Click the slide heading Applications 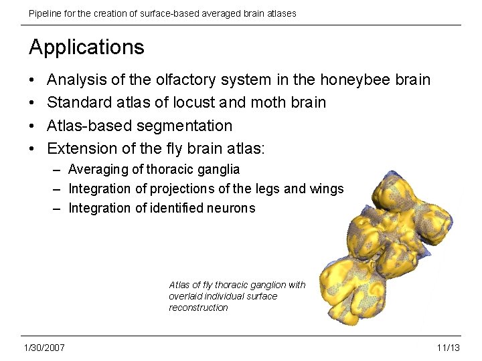tap(86, 47)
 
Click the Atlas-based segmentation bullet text tap(140, 126)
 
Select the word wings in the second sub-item tap(326, 189)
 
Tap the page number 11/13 tap(448, 348)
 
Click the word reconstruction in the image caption tap(198, 308)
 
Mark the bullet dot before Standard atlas tap(33, 103)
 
